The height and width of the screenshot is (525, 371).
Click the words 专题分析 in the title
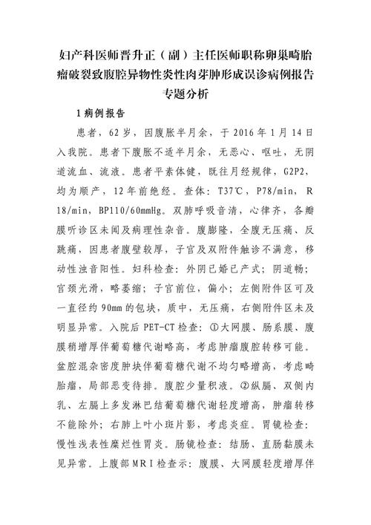pos(185,94)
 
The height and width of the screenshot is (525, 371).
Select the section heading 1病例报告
pos(100,115)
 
